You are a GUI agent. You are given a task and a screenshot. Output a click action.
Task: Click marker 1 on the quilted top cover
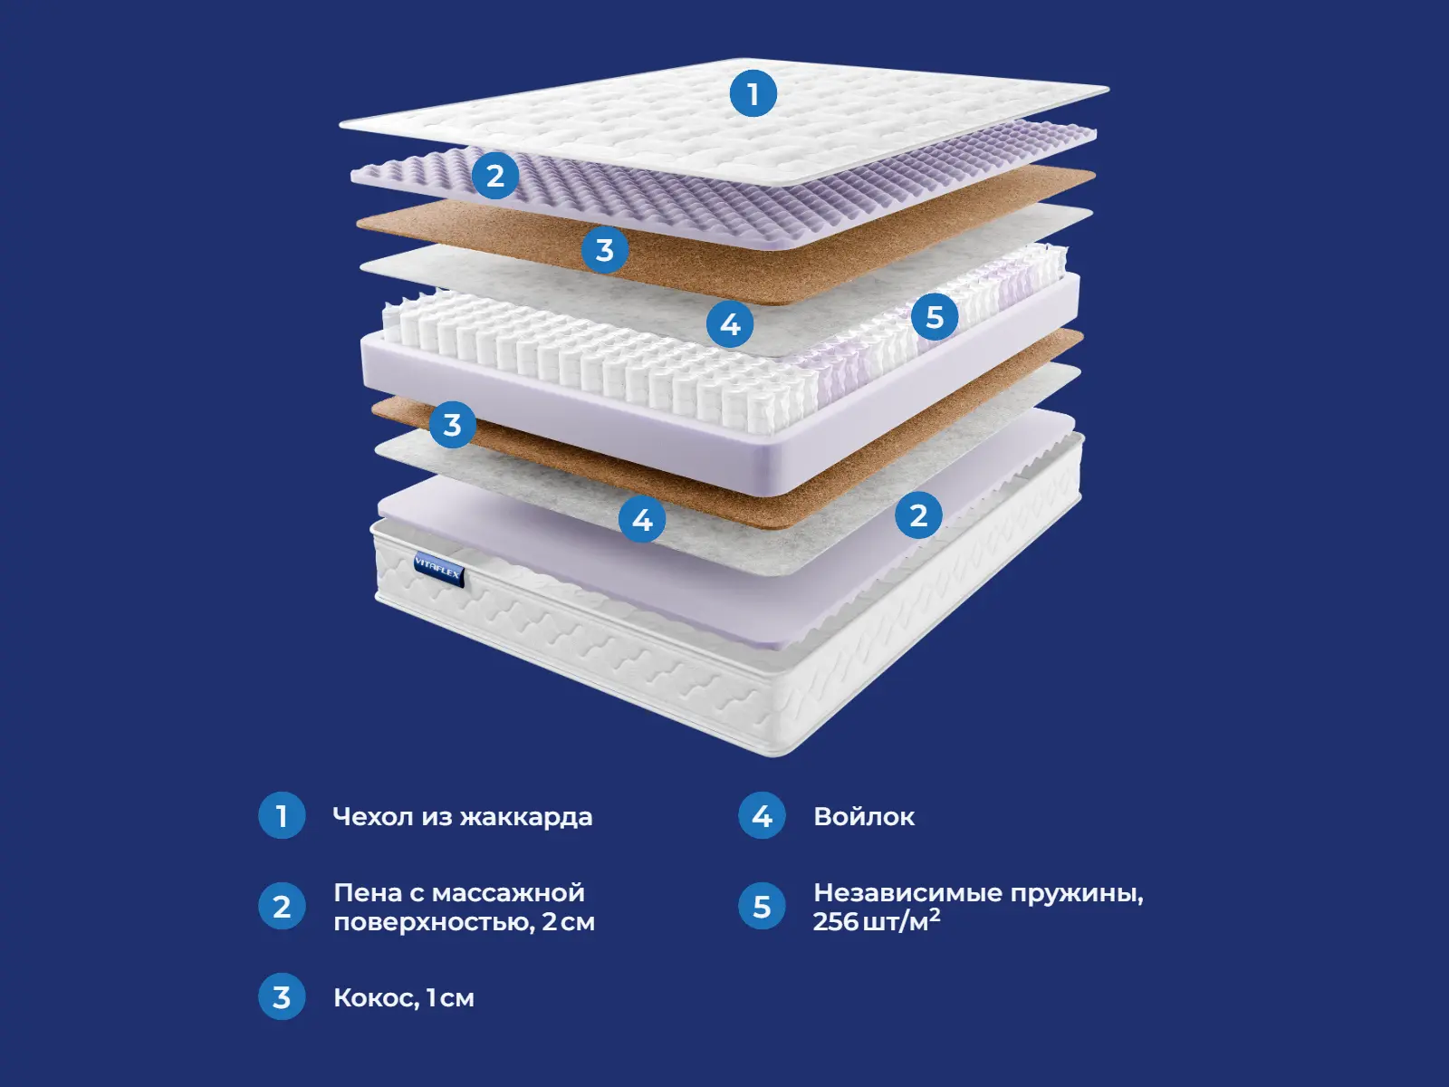[753, 93]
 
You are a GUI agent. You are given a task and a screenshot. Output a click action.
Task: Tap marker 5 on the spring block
[935, 317]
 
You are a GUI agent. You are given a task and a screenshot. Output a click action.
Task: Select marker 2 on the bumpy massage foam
[494, 176]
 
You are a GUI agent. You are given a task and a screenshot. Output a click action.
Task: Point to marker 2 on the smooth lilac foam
[918, 515]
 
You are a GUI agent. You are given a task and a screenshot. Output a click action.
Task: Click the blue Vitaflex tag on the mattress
[438, 569]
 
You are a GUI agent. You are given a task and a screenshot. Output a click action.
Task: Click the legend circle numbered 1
[282, 816]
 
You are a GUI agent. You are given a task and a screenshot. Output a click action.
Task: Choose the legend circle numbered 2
[282, 907]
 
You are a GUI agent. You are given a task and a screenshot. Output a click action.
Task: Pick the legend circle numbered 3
[282, 997]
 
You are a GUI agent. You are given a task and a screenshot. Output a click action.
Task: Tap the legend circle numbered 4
[762, 816]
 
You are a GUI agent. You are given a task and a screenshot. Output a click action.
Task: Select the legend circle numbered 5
[762, 907]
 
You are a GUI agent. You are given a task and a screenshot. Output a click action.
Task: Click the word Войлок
[864, 817]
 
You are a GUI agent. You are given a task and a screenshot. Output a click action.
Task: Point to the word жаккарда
[526, 817]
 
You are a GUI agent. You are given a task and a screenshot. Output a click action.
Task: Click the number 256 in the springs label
[835, 922]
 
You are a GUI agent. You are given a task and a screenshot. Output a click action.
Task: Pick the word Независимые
[907, 893]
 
